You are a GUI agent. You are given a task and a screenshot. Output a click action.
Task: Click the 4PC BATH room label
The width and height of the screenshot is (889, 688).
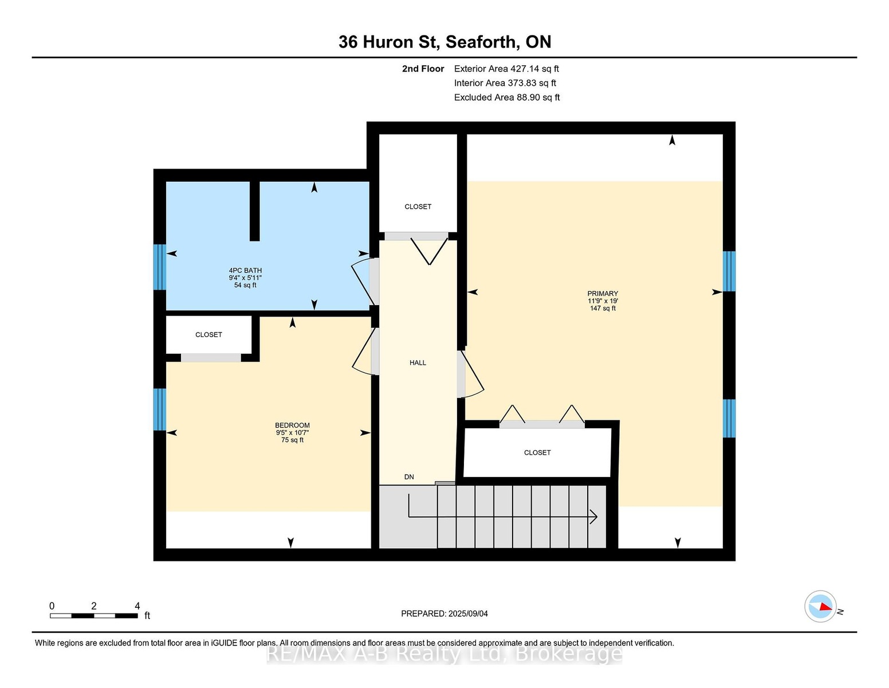pos(245,271)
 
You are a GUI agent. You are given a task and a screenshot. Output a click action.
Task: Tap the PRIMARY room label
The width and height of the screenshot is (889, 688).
pos(603,294)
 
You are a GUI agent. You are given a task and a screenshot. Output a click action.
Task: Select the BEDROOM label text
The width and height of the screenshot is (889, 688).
pos(292,425)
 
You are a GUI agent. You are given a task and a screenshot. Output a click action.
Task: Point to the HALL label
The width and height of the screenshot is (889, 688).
pos(418,362)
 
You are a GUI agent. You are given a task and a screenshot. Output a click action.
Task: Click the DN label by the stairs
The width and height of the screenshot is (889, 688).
pos(409,477)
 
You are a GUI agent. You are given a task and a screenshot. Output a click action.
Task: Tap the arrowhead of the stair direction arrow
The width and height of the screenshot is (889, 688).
pos(593,517)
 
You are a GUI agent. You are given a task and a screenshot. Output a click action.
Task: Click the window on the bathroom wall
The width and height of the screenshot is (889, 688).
pos(160,267)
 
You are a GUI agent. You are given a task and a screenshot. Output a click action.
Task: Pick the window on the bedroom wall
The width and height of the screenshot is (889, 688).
pos(160,409)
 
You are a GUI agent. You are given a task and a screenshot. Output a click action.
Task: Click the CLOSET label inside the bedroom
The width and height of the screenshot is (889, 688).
pos(209,335)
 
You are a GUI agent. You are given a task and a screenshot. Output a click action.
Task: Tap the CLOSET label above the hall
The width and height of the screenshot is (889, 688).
pos(418,206)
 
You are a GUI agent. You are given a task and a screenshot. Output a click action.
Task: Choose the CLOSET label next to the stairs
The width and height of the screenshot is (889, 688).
pos(537,453)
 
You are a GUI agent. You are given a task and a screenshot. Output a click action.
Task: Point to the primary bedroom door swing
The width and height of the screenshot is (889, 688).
pos(471,373)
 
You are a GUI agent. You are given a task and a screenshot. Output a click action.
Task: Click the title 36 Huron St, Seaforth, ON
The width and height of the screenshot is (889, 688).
pos(444,42)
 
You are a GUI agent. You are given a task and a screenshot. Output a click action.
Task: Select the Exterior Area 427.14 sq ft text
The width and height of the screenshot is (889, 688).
pos(506,69)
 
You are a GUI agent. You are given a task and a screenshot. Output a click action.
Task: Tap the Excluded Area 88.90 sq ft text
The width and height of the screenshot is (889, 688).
pos(507,97)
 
